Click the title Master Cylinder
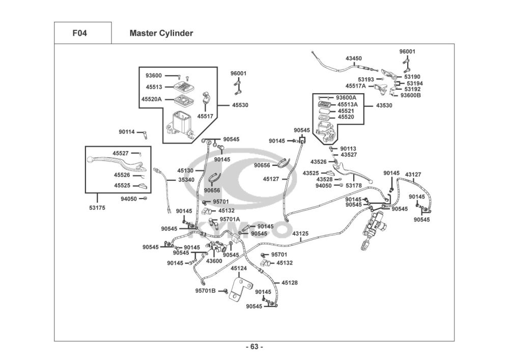(161, 34)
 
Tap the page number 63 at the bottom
(254, 347)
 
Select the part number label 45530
(240, 105)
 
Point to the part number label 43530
(384, 105)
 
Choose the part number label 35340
(186, 180)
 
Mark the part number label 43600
(214, 261)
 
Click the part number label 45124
(239, 268)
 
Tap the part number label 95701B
(205, 291)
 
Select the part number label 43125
(300, 234)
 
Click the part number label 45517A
(356, 86)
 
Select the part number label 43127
(413, 175)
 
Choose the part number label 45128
(290, 283)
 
